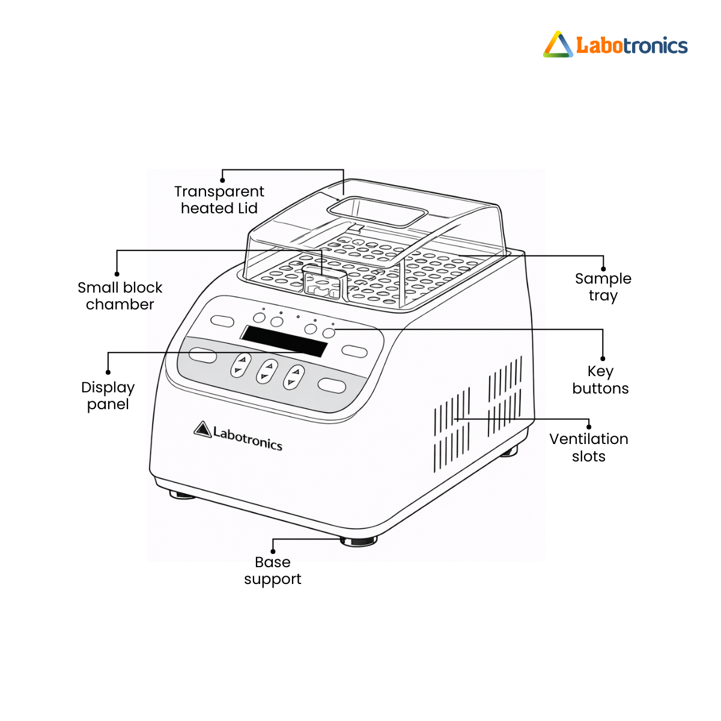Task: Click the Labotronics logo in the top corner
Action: coord(615,44)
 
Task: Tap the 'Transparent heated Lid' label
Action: coord(219,200)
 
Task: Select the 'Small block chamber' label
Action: coord(120,296)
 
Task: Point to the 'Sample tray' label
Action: coord(603,287)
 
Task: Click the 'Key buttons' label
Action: coord(600,380)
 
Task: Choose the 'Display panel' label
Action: coord(108,396)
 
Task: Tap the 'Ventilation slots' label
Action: coord(589,448)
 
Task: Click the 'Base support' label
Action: coord(272,571)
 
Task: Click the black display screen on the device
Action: coord(284,341)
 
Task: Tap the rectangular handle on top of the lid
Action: coord(377,211)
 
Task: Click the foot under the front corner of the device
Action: coord(359,541)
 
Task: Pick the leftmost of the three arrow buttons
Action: coord(240,365)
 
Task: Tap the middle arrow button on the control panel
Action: coord(267,371)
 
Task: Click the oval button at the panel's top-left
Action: coord(222,321)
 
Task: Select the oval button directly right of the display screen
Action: coord(354,351)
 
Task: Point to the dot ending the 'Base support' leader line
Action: coord(273,552)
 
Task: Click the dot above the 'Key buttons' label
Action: coord(603,359)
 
